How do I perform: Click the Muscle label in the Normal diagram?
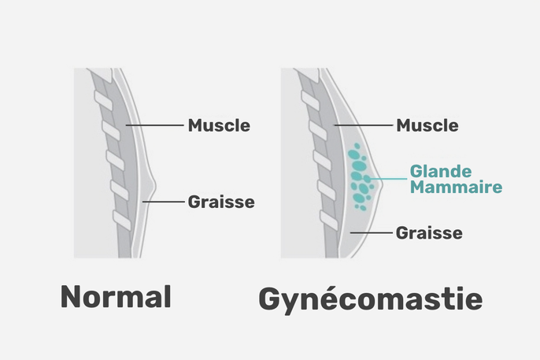[219, 125]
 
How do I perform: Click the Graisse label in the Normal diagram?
[221, 202]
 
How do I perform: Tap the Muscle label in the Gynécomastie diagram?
[427, 125]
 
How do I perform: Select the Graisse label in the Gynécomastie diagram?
[429, 233]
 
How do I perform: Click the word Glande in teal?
[441, 171]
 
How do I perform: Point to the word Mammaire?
[457, 187]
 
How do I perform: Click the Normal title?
[116, 297]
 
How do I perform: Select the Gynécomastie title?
[371, 299]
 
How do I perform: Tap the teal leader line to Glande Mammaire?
[387, 179]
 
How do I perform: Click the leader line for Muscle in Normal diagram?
[154, 125]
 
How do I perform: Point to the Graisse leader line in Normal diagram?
[164, 202]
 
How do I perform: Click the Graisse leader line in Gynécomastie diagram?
[372, 233]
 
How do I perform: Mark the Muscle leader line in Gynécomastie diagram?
[364, 125]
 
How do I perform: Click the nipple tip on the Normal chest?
[155, 187]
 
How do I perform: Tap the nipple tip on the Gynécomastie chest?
[382, 185]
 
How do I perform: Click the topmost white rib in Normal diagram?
[103, 101]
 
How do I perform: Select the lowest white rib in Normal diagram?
[122, 220]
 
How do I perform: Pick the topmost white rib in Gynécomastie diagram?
[310, 101]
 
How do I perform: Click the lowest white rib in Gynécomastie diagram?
[329, 220]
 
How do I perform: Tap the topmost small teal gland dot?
[357, 146]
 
